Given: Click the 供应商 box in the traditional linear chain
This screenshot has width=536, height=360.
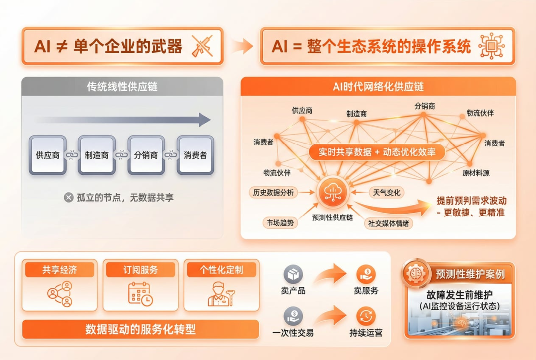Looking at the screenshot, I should [x=48, y=155].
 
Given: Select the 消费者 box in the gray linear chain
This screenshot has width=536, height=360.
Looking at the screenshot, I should [x=195, y=155].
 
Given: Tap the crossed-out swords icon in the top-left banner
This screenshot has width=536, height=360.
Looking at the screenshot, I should [x=202, y=46].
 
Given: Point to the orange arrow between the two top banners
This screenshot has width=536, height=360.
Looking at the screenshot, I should [x=242, y=46].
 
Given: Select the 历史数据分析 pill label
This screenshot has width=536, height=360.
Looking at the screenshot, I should [x=273, y=192].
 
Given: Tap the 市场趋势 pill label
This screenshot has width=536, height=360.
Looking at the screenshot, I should [x=280, y=223].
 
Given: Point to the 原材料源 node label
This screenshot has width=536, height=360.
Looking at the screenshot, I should [x=476, y=173].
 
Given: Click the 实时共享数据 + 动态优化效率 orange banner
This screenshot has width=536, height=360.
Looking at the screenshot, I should [x=376, y=152].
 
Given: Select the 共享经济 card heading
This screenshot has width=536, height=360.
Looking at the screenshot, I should [x=59, y=270].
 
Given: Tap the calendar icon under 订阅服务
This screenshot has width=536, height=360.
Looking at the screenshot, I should [x=140, y=293].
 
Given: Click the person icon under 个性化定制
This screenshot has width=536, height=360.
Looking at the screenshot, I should [x=220, y=293].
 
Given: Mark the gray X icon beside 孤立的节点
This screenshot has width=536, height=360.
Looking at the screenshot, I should [x=68, y=198].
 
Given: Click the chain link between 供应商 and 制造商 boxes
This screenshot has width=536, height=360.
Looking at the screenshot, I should [x=72, y=155].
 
